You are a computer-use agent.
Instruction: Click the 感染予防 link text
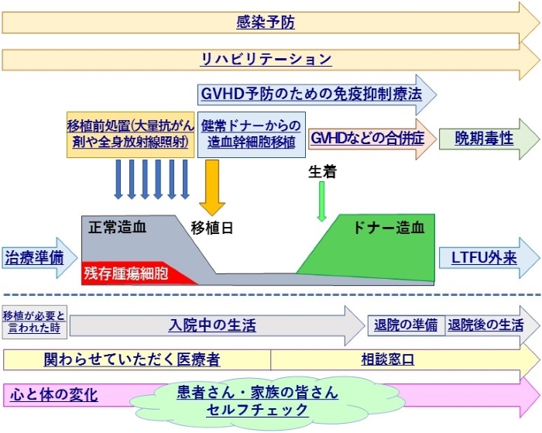coord(266,22)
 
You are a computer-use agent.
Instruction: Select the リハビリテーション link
coord(266,59)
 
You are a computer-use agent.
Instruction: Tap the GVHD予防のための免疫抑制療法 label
coord(311,94)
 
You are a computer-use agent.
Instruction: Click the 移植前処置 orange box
coord(130,135)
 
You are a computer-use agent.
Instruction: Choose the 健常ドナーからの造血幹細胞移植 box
coord(252,135)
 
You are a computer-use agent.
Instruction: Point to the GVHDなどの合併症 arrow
coord(372,139)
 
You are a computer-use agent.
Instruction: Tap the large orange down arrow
coord(212,187)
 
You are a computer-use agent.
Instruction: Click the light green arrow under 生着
coord(321,201)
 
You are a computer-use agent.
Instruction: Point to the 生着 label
coord(322,171)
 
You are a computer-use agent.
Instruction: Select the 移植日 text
coord(212,228)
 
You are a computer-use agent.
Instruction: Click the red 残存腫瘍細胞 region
coord(139,273)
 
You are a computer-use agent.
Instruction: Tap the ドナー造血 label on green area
coord(388,228)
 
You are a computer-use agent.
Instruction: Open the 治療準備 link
coord(34,258)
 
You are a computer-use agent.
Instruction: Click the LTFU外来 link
coord(484,258)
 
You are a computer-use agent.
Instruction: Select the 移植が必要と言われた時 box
coord(35,321)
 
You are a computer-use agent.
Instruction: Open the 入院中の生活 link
coord(212,325)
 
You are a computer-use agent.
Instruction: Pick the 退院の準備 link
coord(406,325)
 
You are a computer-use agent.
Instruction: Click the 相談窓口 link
coord(388,359)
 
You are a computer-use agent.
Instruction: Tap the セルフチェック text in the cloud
coord(257,410)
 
